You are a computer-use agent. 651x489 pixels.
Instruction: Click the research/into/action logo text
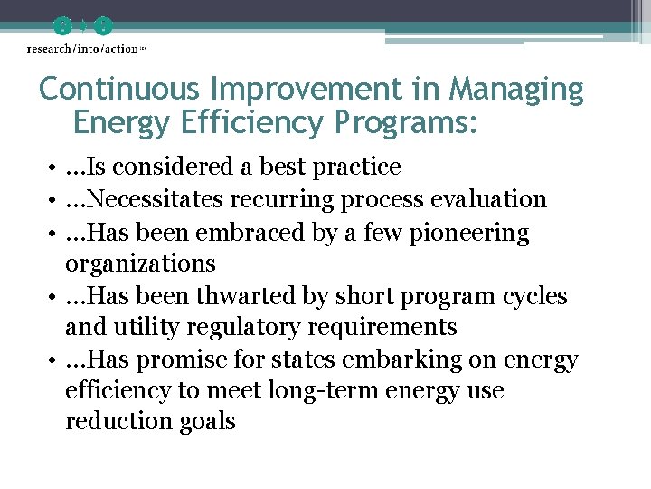pos(83,47)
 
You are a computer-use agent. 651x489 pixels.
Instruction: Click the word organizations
pos(140,264)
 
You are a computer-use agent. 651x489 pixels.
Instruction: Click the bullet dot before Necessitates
pos(56,200)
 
